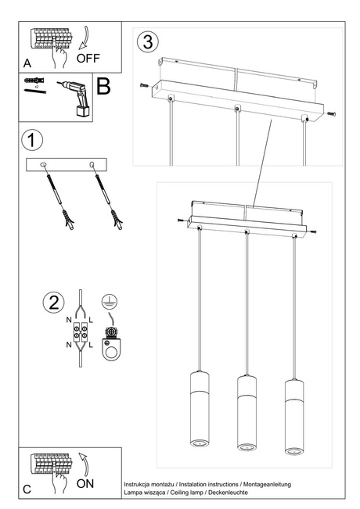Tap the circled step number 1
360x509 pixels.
[x=31, y=142]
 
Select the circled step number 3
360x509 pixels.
[x=148, y=40]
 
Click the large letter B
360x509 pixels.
[x=103, y=86]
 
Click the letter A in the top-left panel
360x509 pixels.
[x=27, y=61]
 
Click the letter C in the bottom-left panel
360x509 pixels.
[x=27, y=489]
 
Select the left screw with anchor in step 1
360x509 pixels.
[x=56, y=195]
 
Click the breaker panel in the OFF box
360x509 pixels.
[x=49, y=38]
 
